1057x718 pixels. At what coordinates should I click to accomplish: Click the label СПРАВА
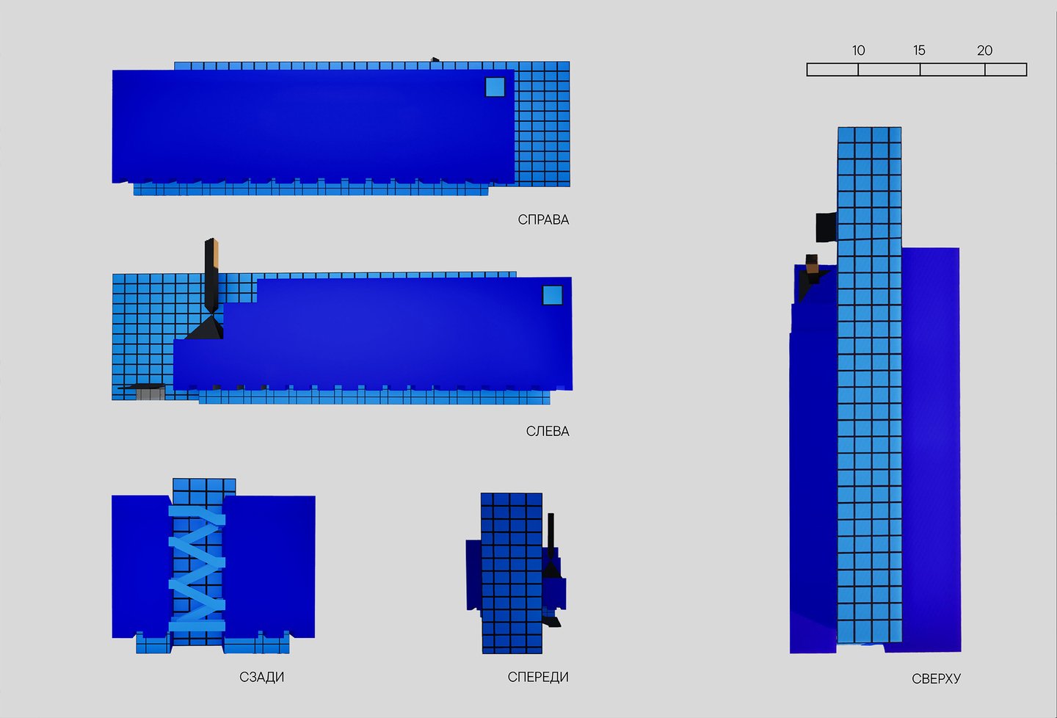coord(543,220)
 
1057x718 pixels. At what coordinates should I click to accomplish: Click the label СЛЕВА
coord(548,432)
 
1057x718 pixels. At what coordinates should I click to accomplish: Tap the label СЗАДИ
coord(261,678)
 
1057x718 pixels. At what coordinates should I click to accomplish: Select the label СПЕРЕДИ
coord(538,678)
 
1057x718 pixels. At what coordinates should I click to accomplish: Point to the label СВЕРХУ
coord(936,679)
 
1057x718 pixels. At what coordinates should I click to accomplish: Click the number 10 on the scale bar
coord(858,51)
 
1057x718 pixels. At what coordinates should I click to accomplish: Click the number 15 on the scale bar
coord(919,51)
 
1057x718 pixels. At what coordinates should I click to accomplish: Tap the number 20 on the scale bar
coord(985,51)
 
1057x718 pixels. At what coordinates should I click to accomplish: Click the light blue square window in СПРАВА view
coord(495,87)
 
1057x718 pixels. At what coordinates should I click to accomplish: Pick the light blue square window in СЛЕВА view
coord(552,295)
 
